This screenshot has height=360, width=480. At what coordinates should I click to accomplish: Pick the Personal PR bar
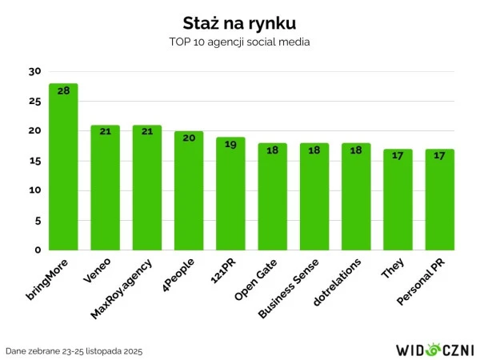point(439,199)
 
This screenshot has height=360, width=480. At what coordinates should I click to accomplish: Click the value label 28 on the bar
point(63,90)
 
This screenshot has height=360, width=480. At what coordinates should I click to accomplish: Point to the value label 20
point(189,138)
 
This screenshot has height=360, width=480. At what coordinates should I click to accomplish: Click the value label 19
point(230,144)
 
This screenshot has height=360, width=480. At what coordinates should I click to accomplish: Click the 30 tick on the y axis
point(34,71)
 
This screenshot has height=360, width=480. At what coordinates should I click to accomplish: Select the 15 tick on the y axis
point(34,161)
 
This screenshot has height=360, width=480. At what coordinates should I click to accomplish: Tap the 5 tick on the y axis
point(37,220)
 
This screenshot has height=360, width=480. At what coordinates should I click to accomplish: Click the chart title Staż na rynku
point(239,21)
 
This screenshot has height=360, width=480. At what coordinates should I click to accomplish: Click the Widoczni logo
point(435,350)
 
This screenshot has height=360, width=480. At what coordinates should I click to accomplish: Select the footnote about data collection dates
point(74,351)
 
